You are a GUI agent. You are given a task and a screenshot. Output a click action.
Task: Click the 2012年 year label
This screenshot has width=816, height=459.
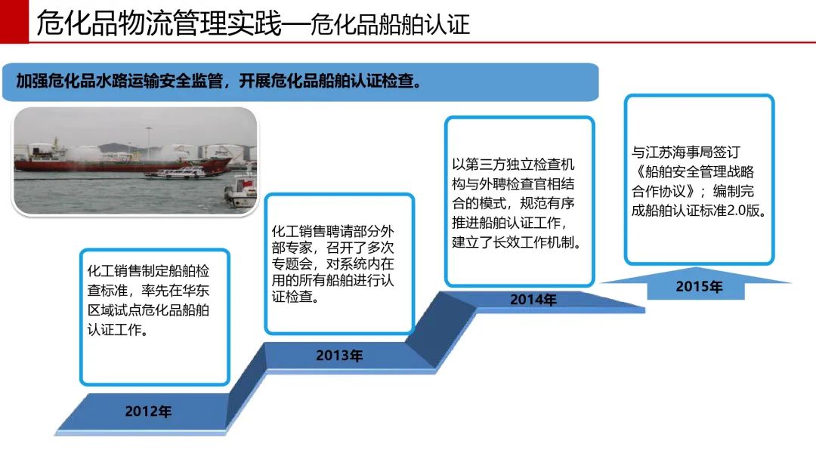point(148,411)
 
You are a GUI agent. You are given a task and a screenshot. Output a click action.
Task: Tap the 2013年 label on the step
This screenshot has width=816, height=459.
point(339,356)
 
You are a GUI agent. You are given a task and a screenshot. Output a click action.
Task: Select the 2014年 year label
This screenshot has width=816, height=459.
point(533,300)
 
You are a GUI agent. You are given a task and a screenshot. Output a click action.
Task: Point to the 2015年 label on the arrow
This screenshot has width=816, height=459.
point(699,286)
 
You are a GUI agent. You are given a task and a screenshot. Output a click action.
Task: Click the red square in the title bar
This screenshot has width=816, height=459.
point(14,21)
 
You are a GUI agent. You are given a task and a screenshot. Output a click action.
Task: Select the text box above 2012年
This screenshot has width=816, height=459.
point(155,317)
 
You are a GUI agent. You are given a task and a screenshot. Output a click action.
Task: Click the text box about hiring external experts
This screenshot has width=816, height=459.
point(339,264)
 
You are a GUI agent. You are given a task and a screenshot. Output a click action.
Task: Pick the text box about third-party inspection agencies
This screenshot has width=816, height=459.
point(519,202)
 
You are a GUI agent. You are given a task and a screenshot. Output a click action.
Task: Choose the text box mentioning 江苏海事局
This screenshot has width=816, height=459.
point(700,180)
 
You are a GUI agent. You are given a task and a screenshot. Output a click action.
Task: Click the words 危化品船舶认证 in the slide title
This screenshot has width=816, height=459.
point(391,24)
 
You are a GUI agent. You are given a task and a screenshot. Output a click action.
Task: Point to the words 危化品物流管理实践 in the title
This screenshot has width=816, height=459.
point(159,23)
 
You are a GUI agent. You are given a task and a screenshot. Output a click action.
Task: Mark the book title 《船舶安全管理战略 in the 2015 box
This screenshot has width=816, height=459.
point(693,171)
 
